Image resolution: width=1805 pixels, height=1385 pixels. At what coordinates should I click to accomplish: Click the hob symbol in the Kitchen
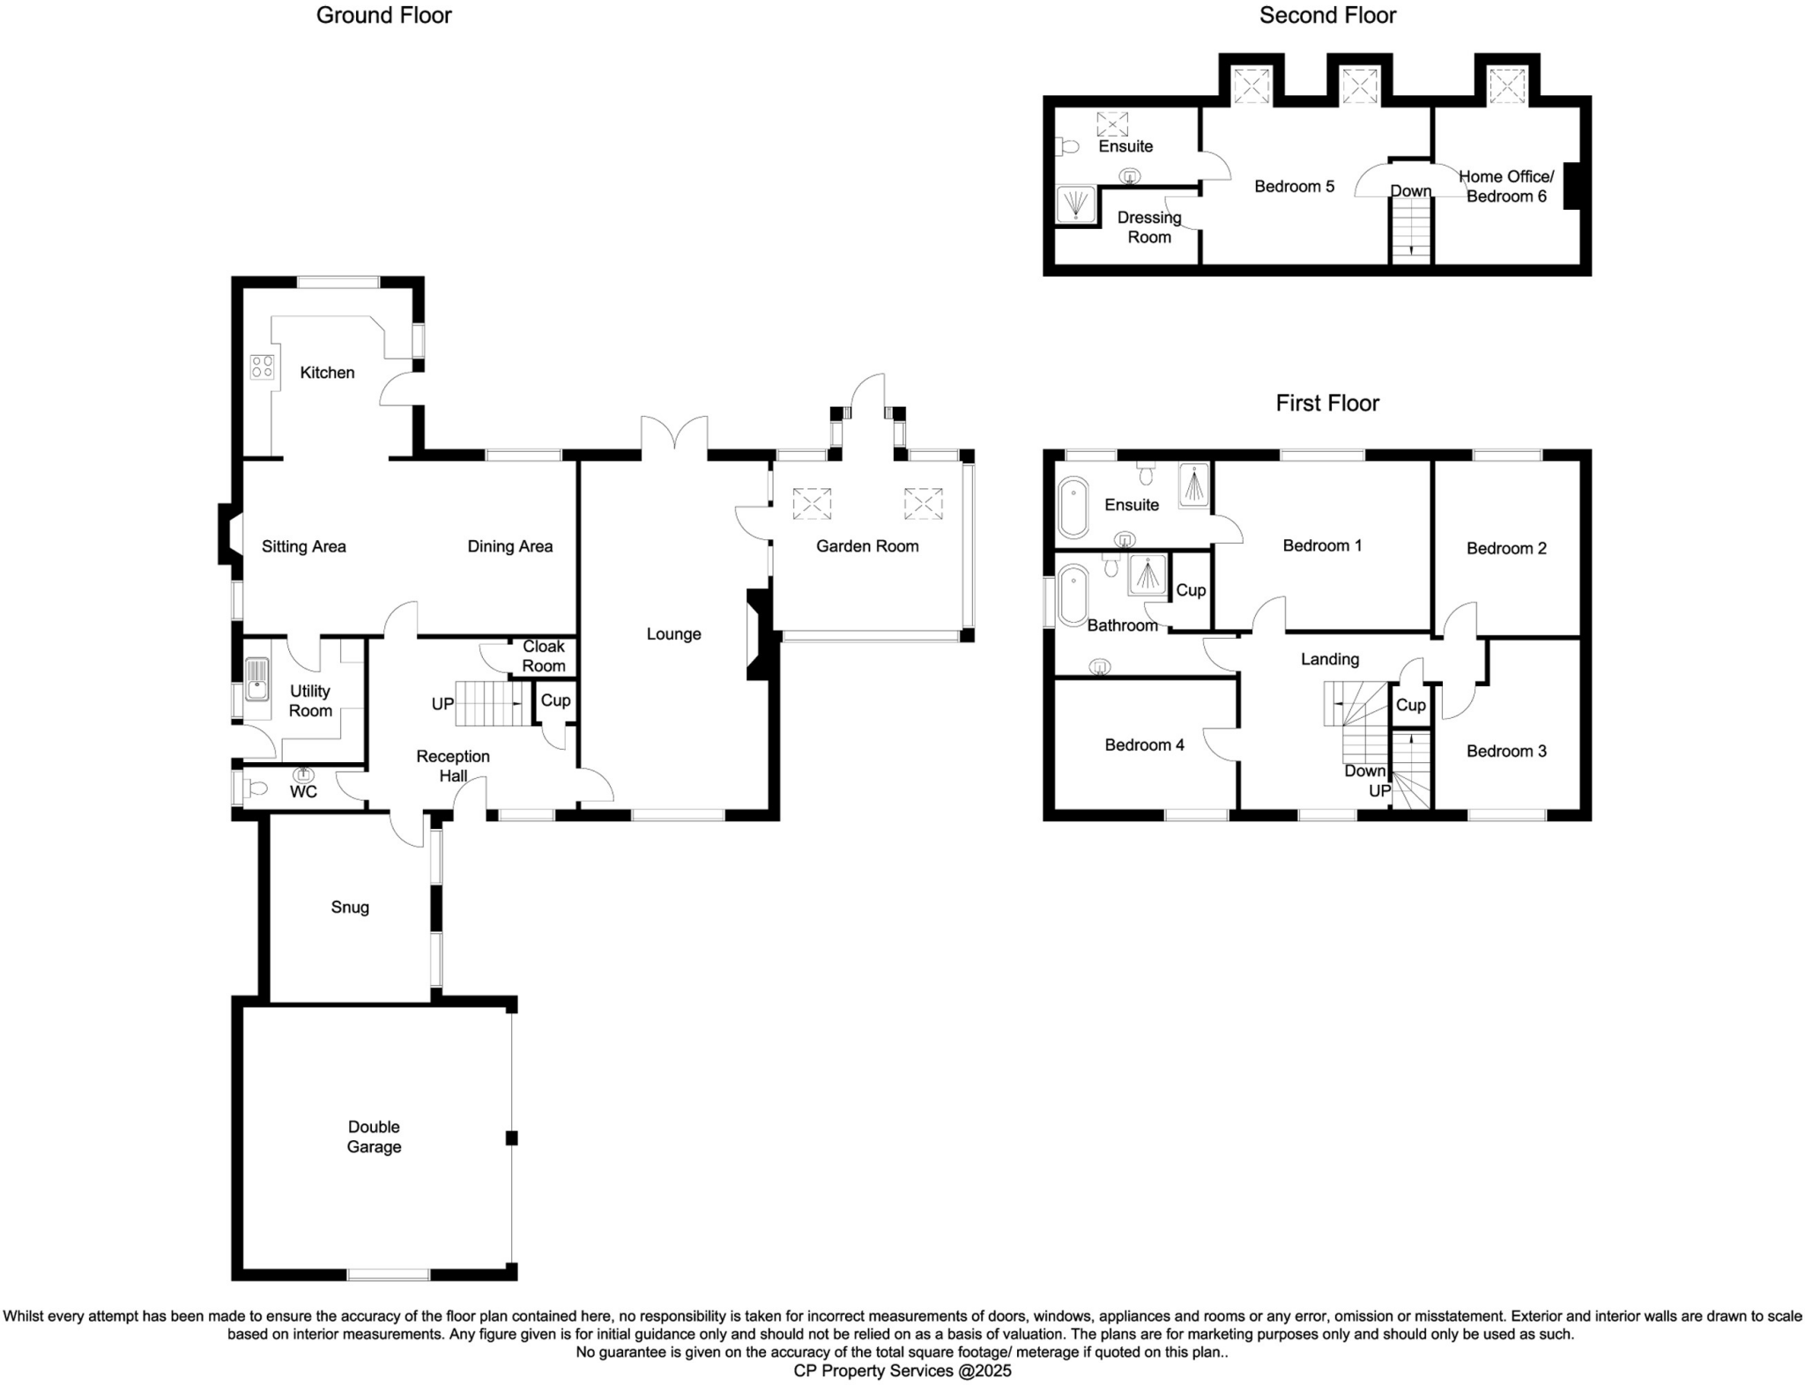262,367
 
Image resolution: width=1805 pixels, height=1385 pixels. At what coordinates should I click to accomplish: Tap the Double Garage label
374,1137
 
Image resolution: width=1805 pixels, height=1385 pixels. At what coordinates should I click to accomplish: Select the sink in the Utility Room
256,678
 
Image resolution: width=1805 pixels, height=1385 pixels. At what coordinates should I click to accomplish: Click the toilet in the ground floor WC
253,789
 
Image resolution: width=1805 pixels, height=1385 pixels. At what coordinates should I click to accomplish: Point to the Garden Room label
867,546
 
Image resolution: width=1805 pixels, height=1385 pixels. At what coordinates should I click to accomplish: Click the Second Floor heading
1327,16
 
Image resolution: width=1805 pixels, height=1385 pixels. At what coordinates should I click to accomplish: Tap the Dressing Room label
1148,227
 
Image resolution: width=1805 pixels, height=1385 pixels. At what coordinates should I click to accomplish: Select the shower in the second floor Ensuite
1075,204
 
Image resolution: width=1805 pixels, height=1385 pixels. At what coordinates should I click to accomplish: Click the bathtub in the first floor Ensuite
1073,507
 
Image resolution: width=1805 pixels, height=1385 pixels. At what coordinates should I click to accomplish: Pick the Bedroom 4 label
1144,745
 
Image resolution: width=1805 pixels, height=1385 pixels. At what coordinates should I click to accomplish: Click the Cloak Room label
543,656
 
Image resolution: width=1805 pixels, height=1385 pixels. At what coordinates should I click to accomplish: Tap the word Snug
350,907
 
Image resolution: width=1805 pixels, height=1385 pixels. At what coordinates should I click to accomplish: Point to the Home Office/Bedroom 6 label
1506,187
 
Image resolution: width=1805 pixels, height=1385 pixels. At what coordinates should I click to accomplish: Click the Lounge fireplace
758,634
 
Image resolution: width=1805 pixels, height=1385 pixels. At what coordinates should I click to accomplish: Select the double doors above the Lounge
674,438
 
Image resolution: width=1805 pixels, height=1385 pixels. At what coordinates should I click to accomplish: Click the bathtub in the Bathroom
1073,596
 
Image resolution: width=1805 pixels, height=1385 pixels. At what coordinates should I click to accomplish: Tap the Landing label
1329,659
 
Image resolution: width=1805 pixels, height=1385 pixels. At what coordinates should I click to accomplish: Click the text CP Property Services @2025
902,1371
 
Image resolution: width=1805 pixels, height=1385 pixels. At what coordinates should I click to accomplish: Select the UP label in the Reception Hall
442,704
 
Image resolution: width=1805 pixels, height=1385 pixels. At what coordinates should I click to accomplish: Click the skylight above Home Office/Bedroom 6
1507,87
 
